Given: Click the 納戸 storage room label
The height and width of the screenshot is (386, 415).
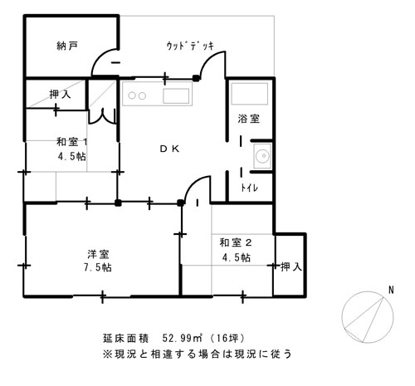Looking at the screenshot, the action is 67,46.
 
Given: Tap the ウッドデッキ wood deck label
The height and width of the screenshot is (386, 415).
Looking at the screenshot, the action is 190,46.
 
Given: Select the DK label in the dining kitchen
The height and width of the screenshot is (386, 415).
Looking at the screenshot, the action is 169,149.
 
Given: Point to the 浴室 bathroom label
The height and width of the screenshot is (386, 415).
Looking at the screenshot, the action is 249,119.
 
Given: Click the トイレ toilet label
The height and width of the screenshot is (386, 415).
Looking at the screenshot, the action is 249,188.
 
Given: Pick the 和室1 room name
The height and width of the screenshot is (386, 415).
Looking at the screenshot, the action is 72,142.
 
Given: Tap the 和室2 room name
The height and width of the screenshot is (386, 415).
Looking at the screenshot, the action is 236,242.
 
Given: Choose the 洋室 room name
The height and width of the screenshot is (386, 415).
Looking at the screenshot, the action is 98,254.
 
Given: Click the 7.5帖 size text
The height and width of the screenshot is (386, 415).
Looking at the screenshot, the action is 98,267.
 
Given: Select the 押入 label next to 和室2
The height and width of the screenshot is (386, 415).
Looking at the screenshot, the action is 291,266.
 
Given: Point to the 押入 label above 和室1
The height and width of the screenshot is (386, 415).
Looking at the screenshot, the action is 60,95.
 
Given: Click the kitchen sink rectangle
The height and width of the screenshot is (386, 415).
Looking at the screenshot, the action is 176,96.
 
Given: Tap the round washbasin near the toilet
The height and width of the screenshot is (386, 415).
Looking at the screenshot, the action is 262,156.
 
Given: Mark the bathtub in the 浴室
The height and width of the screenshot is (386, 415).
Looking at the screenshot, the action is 250,94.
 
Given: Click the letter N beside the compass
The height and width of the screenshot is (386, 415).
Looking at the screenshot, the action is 391,291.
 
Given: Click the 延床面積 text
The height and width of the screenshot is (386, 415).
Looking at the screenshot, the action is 126,338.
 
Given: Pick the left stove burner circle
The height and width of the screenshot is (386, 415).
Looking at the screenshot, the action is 132,95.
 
